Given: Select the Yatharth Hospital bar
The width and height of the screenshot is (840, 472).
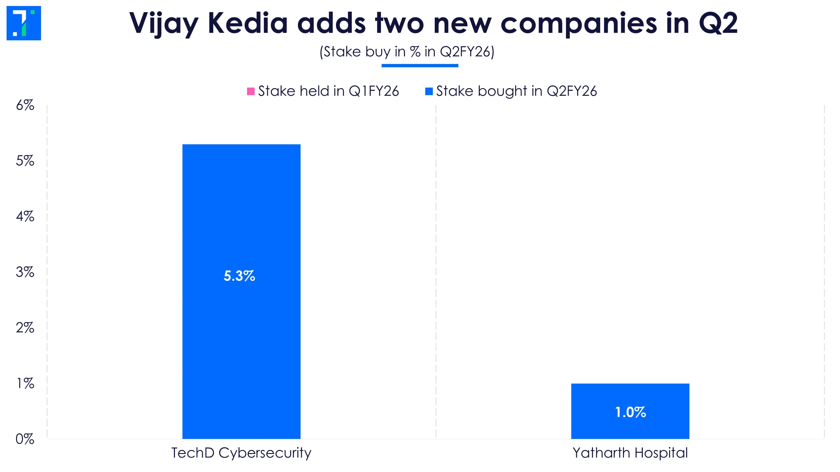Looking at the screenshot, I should click(x=630, y=397).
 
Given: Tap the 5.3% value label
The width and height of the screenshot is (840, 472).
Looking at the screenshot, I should click(x=239, y=276).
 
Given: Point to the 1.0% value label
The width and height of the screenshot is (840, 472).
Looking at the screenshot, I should click(x=630, y=412).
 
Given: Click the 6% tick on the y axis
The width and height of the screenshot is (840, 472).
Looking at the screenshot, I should click(x=25, y=105).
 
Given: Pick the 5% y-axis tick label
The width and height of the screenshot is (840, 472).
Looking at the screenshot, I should click(x=25, y=161).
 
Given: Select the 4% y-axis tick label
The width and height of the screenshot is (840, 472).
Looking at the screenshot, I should click(x=25, y=216).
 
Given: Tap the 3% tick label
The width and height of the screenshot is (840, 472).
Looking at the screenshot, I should click(x=25, y=272).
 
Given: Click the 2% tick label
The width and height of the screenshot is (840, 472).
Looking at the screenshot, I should click(x=25, y=327).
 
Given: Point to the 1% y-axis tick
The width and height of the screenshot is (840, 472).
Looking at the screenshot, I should click(x=25, y=383).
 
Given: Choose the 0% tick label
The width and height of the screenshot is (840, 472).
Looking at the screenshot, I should click(x=25, y=439).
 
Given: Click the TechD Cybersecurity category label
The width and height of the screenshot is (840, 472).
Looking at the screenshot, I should click(x=241, y=453).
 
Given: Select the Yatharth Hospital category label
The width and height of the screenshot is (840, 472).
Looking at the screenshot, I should click(x=630, y=453).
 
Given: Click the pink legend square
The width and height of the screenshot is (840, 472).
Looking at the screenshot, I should click(x=251, y=91).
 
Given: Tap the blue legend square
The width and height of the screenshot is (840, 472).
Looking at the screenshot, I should click(x=429, y=91).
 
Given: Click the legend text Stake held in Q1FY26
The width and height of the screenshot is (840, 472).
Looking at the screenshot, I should click(x=328, y=91).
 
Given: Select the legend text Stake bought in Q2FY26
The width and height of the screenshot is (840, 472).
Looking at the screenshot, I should click(x=516, y=91).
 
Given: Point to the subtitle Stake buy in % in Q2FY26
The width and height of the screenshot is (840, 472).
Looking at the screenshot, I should click(x=407, y=52).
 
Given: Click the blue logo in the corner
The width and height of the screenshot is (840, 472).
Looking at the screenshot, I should click(x=24, y=23).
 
